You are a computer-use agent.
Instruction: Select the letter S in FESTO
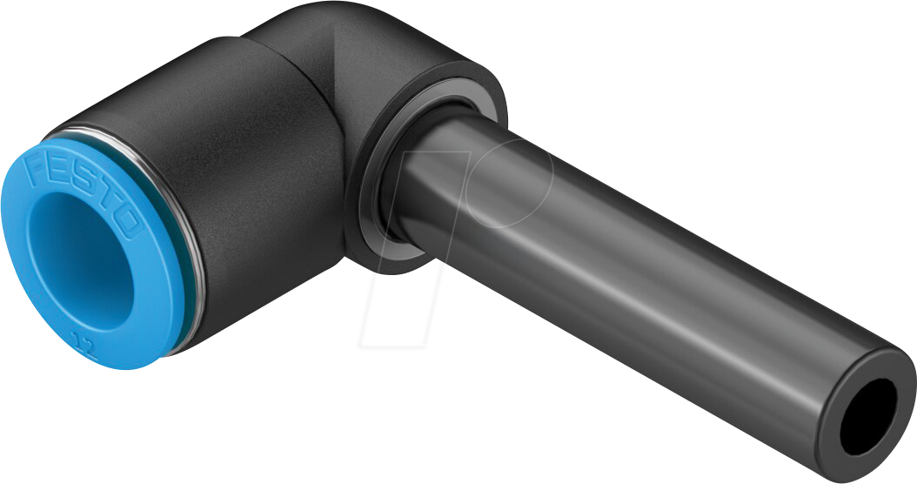81,185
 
